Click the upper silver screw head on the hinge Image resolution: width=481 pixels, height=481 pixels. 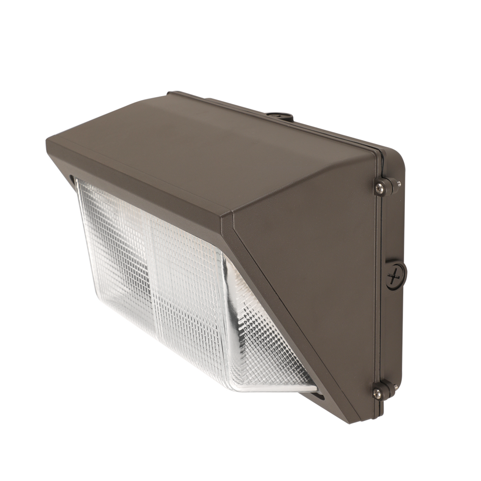coord(379,188)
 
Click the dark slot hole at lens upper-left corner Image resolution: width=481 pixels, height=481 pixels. coord(71,178)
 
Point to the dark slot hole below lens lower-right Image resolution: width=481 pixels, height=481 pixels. coord(318,397)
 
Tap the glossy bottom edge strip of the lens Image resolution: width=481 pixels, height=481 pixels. coord(271,387)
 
